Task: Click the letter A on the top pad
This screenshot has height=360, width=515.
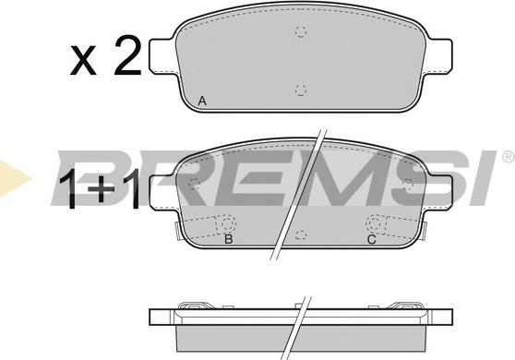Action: click(202, 101)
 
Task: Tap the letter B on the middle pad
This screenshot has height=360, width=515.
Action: click(229, 239)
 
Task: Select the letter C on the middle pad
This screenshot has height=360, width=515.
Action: click(371, 239)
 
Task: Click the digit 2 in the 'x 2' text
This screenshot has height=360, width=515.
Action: click(127, 54)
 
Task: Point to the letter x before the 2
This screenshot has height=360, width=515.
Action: click(83, 61)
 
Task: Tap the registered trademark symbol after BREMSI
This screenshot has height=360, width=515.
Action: click(509, 156)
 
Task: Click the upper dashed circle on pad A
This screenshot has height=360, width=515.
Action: click(301, 31)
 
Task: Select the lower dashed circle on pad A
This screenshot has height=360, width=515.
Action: click(301, 90)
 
